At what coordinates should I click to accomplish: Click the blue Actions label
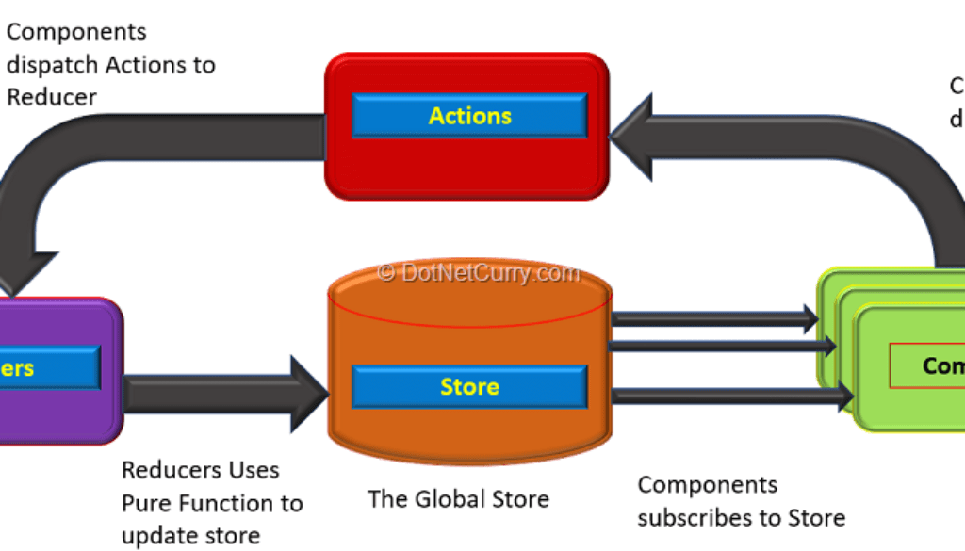tap(469, 116)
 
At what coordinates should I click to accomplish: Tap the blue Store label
tap(469, 386)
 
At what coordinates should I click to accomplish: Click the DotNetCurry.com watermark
tap(479, 272)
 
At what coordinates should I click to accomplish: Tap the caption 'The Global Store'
tap(458, 498)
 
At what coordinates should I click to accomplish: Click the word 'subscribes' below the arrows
tap(694, 517)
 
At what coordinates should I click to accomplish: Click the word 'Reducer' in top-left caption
tap(52, 97)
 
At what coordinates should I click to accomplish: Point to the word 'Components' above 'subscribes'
tap(708, 485)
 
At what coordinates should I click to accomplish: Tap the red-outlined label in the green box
tap(928, 365)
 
